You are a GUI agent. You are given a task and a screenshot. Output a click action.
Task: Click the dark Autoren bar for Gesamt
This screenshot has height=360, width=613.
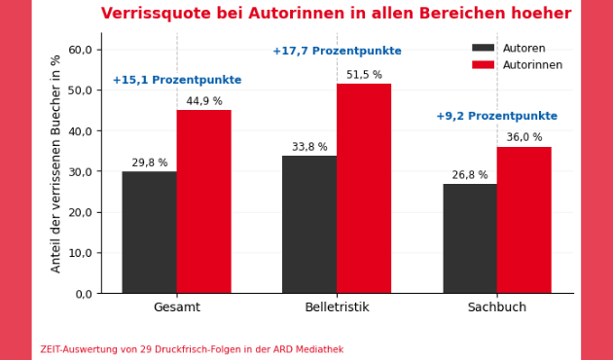pyautogui.click(x=149, y=233)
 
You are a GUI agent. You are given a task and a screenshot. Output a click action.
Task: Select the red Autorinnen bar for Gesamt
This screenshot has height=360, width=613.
pyautogui.click(x=203, y=201)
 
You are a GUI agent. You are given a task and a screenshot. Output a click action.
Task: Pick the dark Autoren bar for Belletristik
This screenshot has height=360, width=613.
pyautogui.click(x=309, y=224)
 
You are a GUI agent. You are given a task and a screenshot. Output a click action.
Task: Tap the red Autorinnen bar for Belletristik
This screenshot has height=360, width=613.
pyautogui.click(x=364, y=188)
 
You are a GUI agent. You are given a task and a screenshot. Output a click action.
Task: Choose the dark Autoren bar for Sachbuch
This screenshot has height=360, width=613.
pyautogui.click(x=470, y=238)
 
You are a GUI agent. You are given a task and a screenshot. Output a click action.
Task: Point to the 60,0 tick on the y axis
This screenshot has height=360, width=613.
pyautogui.click(x=80, y=50)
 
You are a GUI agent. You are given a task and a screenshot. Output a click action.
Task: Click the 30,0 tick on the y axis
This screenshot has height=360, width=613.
pyautogui.click(x=80, y=171)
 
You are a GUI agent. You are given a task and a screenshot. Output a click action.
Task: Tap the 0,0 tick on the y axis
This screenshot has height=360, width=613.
pyautogui.click(x=83, y=294)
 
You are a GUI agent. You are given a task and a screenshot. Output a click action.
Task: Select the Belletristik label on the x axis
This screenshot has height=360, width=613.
pyautogui.click(x=337, y=307)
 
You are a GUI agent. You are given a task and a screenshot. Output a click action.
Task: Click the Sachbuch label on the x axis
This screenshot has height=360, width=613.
pyautogui.click(x=496, y=307)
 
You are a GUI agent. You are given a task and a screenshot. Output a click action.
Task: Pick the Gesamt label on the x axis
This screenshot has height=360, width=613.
pyautogui.click(x=177, y=307)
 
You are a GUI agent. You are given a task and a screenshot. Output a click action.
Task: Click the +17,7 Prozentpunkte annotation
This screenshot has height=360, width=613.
pyautogui.click(x=337, y=52)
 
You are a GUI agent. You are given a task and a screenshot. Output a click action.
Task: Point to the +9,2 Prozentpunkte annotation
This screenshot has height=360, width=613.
pyautogui.click(x=496, y=117)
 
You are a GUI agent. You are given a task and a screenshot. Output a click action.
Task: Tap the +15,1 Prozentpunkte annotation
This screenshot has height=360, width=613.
pyautogui.click(x=177, y=81)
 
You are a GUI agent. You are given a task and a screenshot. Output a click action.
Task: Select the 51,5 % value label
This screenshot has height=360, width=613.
pyautogui.click(x=364, y=75)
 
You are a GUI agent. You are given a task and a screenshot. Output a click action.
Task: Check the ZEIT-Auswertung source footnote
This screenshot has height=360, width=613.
pyautogui.click(x=192, y=349)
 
